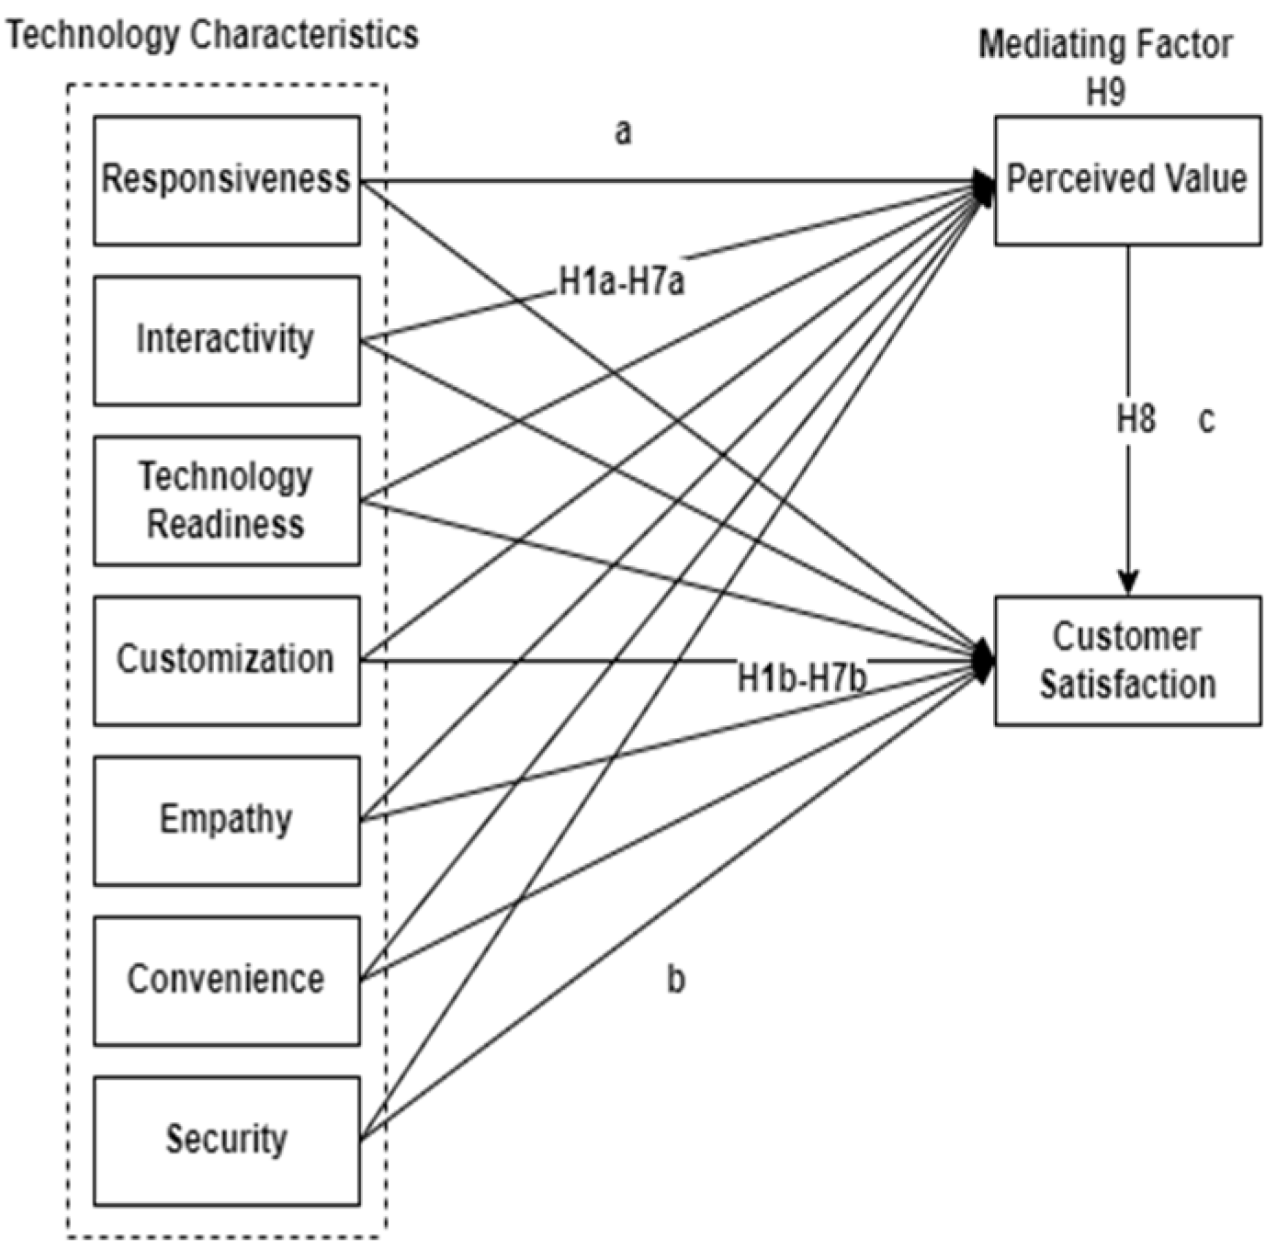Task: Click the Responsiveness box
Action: (x=226, y=179)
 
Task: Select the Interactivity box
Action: (x=226, y=339)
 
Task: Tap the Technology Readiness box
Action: (x=226, y=500)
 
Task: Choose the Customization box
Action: (x=226, y=660)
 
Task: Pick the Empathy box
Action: (x=226, y=820)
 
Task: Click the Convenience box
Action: (x=226, y=980)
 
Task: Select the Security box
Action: (x=226, y=1140)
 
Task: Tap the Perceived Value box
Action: (x=1127, y=179)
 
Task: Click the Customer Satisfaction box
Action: (x=1127, y=660)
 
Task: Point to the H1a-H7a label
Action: (x=622, y=281)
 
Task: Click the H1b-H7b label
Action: (x=803, y=680)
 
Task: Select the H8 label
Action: (x=1135, y=420)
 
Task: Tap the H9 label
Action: (x=1105, y=93)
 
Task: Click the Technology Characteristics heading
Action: (x=212, y=35)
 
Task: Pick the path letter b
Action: (x=675, y=980)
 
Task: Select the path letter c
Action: (x=1206, y=420)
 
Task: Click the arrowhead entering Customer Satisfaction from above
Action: (x=1128, y=583)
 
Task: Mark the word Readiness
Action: (x=226, y=525)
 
